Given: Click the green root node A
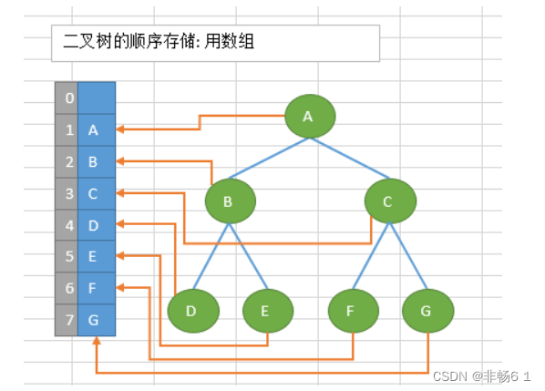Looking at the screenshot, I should [x=310, y=116].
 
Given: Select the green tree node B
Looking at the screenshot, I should [x=230, y=201].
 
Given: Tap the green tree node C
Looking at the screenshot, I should [x=390, y=201].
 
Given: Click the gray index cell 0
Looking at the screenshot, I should [x=67, y=97].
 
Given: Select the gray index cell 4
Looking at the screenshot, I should [x=67, y=224].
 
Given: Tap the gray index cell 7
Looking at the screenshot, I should [x=67, y=320].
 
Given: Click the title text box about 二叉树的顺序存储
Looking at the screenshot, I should [x=215, y=43].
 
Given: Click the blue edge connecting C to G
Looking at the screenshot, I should [x=409, y=256].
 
